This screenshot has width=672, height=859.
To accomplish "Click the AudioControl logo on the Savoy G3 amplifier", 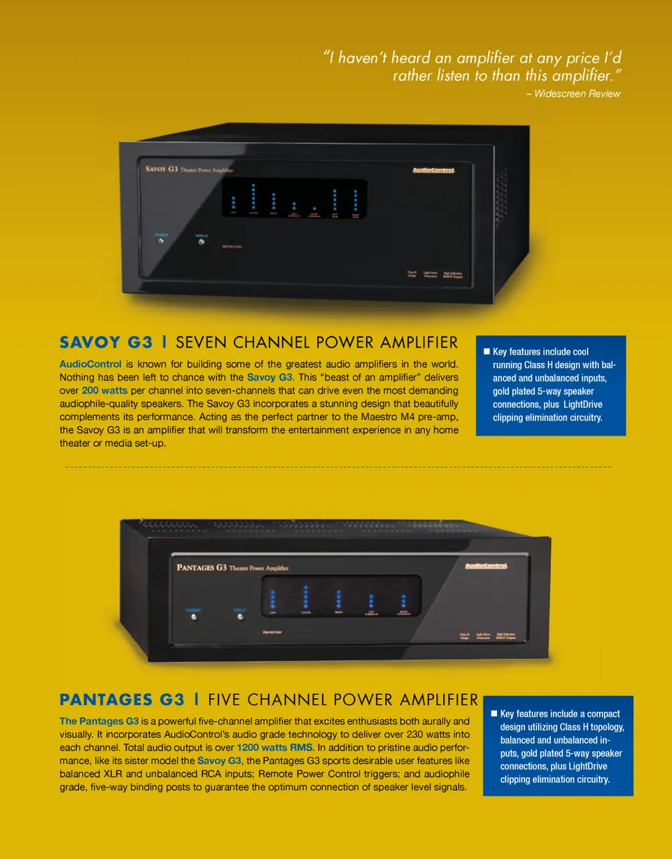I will (x=433, y=171).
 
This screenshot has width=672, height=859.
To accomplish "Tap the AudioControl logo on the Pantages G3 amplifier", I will (x=486, y=566).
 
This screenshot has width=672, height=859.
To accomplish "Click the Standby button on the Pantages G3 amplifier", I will (x=194, y=617).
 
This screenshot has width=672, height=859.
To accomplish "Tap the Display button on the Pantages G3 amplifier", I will (x=239, y=616).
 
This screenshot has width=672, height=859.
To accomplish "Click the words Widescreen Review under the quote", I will (x=577, y=94).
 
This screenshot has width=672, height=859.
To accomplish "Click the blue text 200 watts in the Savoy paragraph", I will (x=104, y=390).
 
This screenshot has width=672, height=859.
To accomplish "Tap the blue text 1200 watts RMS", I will (x=274, y=747).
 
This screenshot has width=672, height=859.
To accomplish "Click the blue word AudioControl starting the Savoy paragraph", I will (x=90, y=364).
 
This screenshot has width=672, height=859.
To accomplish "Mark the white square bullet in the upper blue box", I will (x=486, y=351).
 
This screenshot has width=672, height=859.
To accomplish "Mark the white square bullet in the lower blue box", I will (x=493, y=714).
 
